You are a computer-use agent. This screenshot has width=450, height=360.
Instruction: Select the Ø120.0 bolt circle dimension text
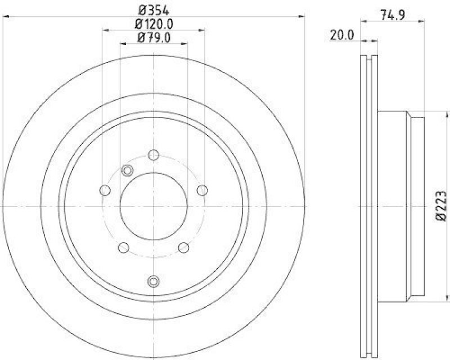click(x=154, y=24)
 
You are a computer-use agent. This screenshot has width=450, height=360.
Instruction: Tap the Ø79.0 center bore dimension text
click(x=154, y=38)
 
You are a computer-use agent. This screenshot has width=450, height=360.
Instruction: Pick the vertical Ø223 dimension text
click(x=441, y=205)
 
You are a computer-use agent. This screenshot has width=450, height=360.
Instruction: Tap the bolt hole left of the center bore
click(x=103, y=191)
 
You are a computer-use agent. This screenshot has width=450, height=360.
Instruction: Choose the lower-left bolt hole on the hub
click(x=123, y=247)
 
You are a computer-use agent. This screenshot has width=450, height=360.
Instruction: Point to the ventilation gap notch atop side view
click(x=370, y=57)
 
